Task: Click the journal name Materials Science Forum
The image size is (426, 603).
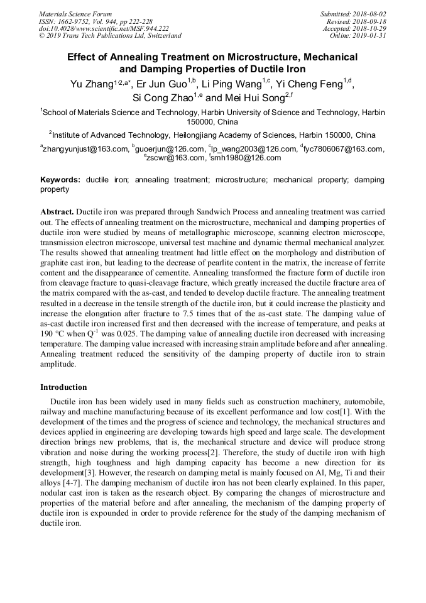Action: pos(75,14)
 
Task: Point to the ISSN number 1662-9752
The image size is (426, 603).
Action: pos(78,21)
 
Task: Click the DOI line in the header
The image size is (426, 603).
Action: pos(104,28)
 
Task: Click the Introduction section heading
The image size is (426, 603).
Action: pos(63,387)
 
